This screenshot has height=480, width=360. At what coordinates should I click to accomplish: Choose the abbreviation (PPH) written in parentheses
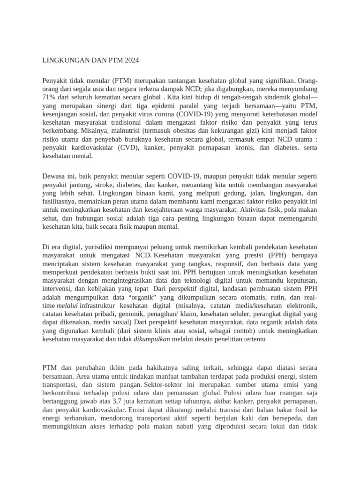click(x=277, y=255)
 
